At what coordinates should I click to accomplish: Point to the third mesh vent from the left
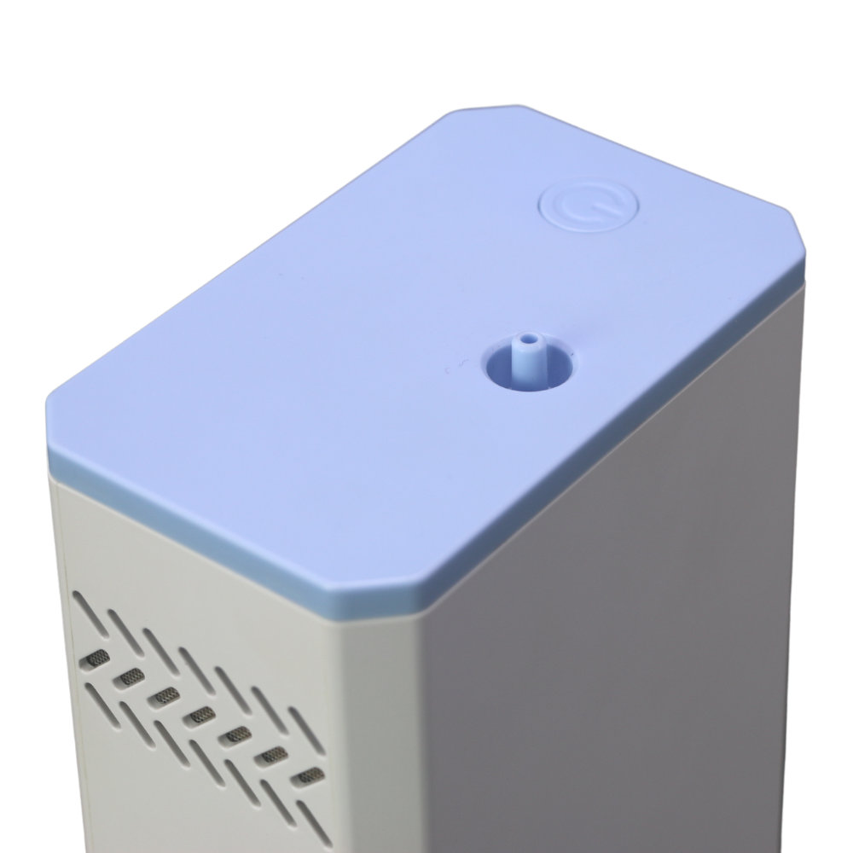(x=166, y=695)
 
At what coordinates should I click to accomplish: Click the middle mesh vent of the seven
(x=202, y=715)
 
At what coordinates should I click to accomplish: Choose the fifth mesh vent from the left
(x=238, y=734)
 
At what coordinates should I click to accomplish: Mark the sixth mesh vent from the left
(x=274, y=754)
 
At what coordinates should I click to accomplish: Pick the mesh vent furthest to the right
(x=310, y=775)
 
